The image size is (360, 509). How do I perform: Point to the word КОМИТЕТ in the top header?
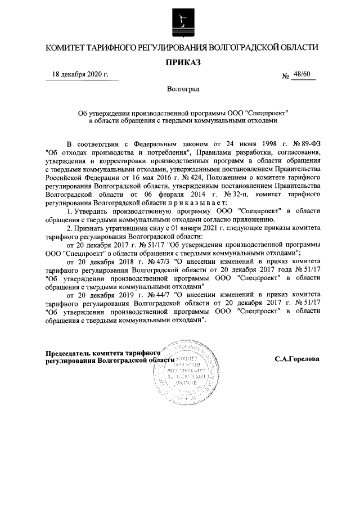[65, 47]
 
